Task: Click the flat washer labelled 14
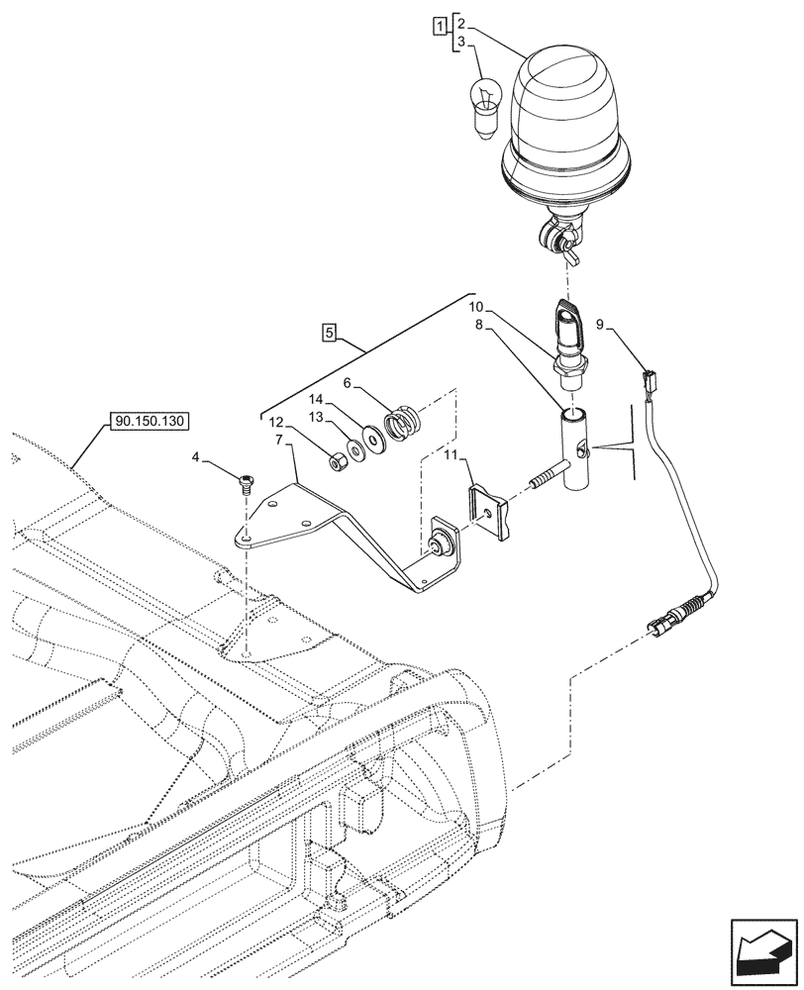pyautogui.click(x=372, y=436)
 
